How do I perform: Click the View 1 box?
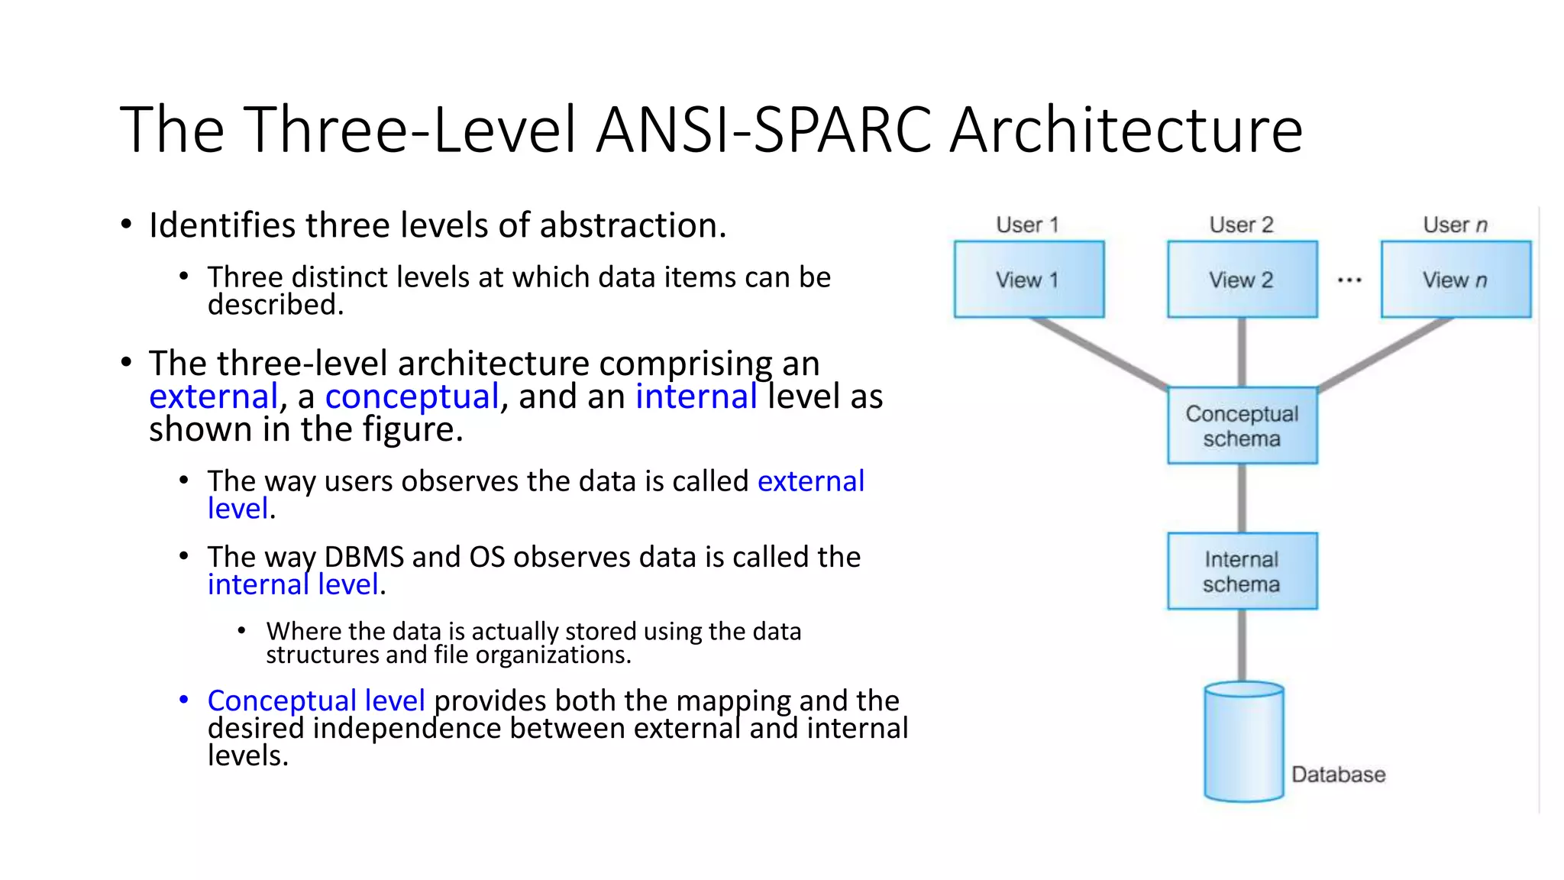(1029, 280)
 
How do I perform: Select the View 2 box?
(1242, 280)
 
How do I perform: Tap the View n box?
(1456, 280)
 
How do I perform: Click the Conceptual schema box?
(1242, 425)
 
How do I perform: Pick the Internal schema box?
(1242, 571)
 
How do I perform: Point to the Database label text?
(1338, 775)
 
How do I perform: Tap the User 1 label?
(1027, 225)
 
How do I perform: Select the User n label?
(1455, 225)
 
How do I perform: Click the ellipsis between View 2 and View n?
(1349, 280)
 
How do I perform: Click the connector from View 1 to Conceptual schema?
(1100, 353)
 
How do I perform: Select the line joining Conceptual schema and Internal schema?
(1242, 498)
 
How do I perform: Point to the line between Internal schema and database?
(1242, 645)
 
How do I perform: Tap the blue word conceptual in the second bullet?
(412, 396)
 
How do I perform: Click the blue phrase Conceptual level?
(315, 700)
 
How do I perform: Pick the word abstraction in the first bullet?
(632, 225)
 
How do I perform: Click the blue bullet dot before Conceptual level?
(184, 699)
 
